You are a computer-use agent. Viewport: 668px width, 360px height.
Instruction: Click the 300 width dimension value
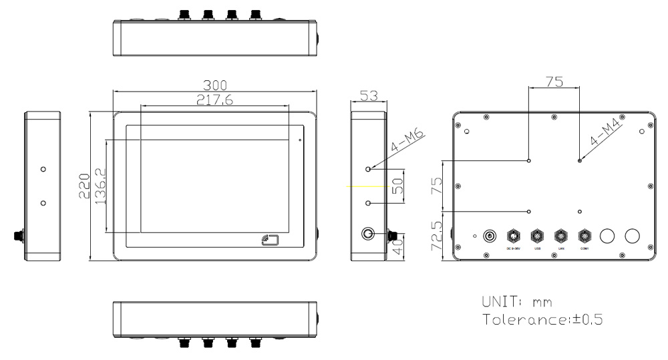(x=216, y=85)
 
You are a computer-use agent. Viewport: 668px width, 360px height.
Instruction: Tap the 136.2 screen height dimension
(x=100, y=186)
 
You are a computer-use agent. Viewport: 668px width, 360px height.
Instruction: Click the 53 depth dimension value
(x=367, y=95)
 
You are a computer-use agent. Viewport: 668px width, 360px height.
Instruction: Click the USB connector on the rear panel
(x=536, y=236)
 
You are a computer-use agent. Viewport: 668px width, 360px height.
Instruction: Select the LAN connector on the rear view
(x=561, y=236)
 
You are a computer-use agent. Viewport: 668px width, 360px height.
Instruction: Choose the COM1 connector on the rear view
(x=584, y=236)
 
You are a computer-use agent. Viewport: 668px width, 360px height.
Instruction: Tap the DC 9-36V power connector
(x=513, y=236)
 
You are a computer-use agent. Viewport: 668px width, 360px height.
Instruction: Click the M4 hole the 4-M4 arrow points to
(x=579, y=160)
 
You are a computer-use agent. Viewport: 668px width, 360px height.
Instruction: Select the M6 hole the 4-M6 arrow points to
(x=368, y=168)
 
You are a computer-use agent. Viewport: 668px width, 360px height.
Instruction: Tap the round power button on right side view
(x=368, y=234)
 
